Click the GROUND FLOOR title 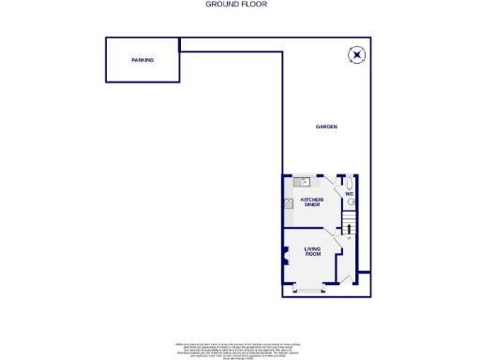tap(235, 5)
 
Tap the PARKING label tap(142, 60)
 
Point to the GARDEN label tap(325, 127)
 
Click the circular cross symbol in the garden tap(355, 54)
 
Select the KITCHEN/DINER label tap(311, 202)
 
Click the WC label tap(348, 194)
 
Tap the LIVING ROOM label tap(312, 250)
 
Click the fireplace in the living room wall tap(285, 256)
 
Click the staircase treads tap(349, 219)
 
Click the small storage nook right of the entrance tap(364, 282)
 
